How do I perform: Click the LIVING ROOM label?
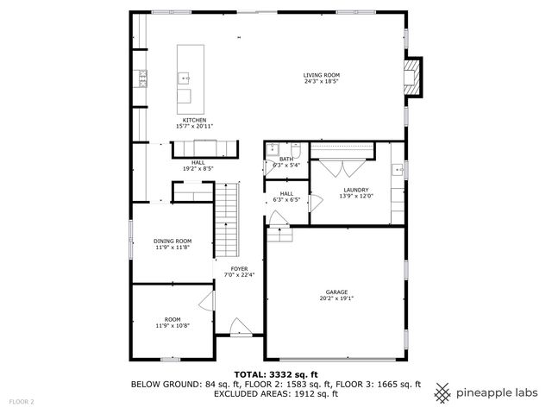[x=322, y=75]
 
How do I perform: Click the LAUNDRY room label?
[x=356, y=189]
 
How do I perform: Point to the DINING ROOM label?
[x=172, y=241]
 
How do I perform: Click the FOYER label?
[x=239, y=268]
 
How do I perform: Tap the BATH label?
[x=285, y=159]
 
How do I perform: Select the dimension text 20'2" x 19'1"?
[x=336, y=298]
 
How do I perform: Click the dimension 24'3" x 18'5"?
[x=322, y=83]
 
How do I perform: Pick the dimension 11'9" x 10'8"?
[x=172, y=326]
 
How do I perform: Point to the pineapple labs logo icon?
[x=442, y=392]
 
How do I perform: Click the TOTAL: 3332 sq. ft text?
[x=275, y=374]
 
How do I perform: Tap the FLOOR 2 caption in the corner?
[x=22, y=402]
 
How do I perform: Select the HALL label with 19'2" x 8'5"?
[x=198, y=165]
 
